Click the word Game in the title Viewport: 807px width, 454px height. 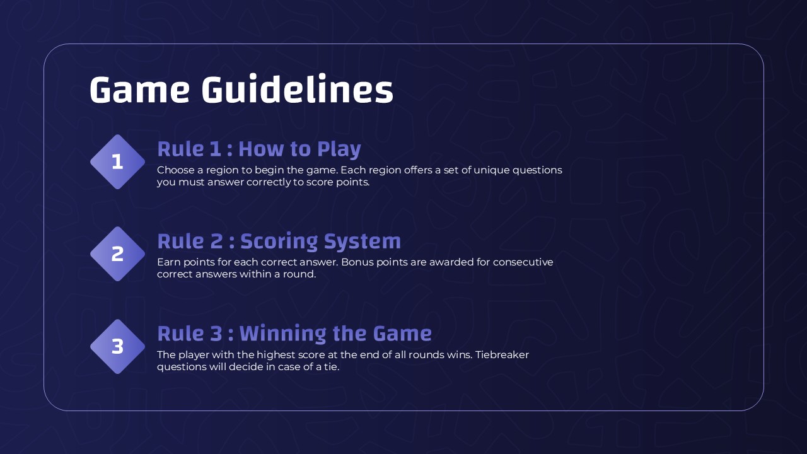click(x=139, y=90)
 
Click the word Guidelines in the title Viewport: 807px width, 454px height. click(x=297, y=90)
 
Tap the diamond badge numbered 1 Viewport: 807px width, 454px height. click(x=117, y=162)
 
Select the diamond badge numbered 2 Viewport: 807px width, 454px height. click(x=117, y=254)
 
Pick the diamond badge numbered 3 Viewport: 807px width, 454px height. click(x=117, y=346)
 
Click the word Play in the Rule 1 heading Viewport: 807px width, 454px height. click(x=339, y=149)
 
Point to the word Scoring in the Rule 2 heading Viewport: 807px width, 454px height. click(x=279, y=242)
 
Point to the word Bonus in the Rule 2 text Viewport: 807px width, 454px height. click(x=357, y=262)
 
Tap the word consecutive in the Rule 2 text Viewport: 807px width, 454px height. click(x=523, y=262)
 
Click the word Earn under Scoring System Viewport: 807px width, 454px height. click(x=168, y=262)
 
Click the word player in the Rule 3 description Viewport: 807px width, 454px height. click(x=194, y=354)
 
